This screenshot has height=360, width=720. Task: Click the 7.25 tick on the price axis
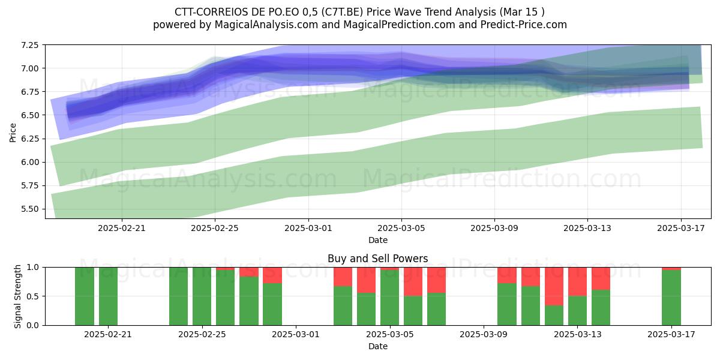tap(29, 45)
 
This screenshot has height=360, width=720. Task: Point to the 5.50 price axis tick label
tap(29, 209)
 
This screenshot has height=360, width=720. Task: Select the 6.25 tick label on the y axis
tap(29, 139)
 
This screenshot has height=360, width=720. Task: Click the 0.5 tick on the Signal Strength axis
tap(33, 296)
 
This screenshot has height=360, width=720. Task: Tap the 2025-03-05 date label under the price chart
tap(401, 228)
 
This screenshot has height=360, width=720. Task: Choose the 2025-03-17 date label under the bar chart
tap(671, 335)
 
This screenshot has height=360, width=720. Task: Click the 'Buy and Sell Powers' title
tap(377, 259)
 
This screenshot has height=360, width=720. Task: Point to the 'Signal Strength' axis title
tap(17, 296)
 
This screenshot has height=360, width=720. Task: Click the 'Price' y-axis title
tap(13, 133)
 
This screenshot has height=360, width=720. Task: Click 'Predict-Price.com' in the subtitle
tap(524, 25)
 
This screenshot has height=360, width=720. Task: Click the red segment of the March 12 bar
tap(554, 286)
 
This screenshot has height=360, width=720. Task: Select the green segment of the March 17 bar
tap(671, 298)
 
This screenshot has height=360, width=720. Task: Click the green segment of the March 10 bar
tap(507, 304)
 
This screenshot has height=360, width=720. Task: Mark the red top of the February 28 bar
tap(272, 275)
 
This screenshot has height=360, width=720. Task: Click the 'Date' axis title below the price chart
tap(377, 240)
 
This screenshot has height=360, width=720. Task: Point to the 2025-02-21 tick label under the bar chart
tap(108, 335)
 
